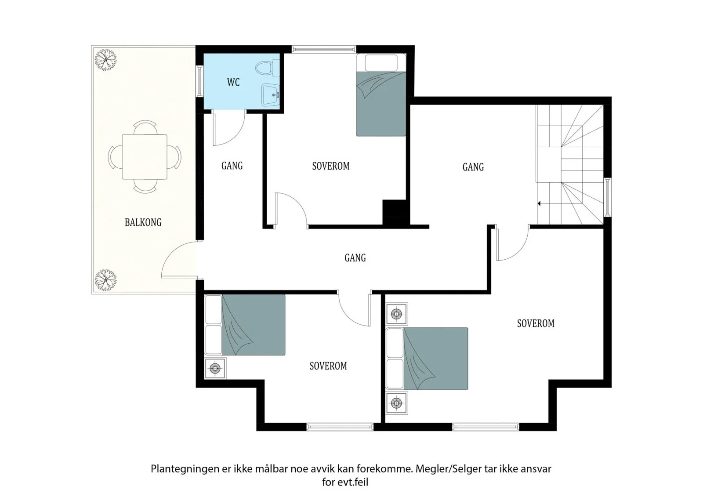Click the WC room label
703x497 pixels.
233,82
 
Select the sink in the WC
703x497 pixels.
271,94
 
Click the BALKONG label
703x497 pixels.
143,222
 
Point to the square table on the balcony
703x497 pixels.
145,157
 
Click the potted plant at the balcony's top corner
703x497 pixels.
106,60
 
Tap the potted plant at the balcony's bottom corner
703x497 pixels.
106,279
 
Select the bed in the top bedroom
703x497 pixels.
381,95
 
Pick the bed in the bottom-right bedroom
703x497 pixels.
427,359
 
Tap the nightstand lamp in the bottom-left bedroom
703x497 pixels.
215,368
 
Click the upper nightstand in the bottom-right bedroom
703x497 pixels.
397,314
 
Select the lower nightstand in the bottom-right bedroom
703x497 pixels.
397,403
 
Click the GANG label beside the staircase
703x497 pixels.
473,167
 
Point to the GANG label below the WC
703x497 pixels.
232,166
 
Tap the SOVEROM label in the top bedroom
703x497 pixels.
331,166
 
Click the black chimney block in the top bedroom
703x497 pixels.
396,212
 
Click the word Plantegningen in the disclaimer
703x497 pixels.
185,469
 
